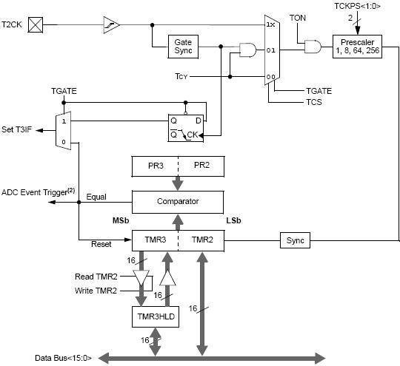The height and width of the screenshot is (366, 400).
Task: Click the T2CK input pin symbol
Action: click(x=36, y=24)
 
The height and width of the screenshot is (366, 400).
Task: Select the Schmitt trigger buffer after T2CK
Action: click(x=111, y=24)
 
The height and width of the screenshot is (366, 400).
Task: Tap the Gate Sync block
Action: click(x=183, y=47)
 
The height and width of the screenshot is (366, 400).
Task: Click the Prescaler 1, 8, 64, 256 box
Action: click(x=357, y=47)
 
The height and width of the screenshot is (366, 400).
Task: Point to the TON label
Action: click(x=298, y=18)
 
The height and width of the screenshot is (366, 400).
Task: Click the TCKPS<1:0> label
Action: click(x=357, y=6)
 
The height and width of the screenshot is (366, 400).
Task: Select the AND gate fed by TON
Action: click(x=313, y=47)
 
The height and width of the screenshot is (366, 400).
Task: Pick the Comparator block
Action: click(x=178, y=202)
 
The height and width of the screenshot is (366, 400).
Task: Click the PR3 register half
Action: click(x=155, y=166)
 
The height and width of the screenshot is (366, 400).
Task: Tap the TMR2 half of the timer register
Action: click(x=201, y=240)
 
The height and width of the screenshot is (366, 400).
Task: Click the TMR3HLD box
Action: click(x=156, y=317)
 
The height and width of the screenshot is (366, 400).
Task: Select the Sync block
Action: click(x=295, y=240)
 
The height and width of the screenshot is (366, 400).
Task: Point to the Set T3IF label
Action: click(x=17, y=129)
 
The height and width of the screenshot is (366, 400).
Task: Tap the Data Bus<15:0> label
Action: click(x=63, y=358)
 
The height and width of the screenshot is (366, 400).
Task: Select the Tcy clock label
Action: click(x=181, y=76)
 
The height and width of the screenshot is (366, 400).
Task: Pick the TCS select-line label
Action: click(x=314, y=102)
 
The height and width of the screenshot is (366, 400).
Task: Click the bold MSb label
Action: click(x=121, y=220)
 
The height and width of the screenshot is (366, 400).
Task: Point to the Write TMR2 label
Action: click(x=96, y=291)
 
